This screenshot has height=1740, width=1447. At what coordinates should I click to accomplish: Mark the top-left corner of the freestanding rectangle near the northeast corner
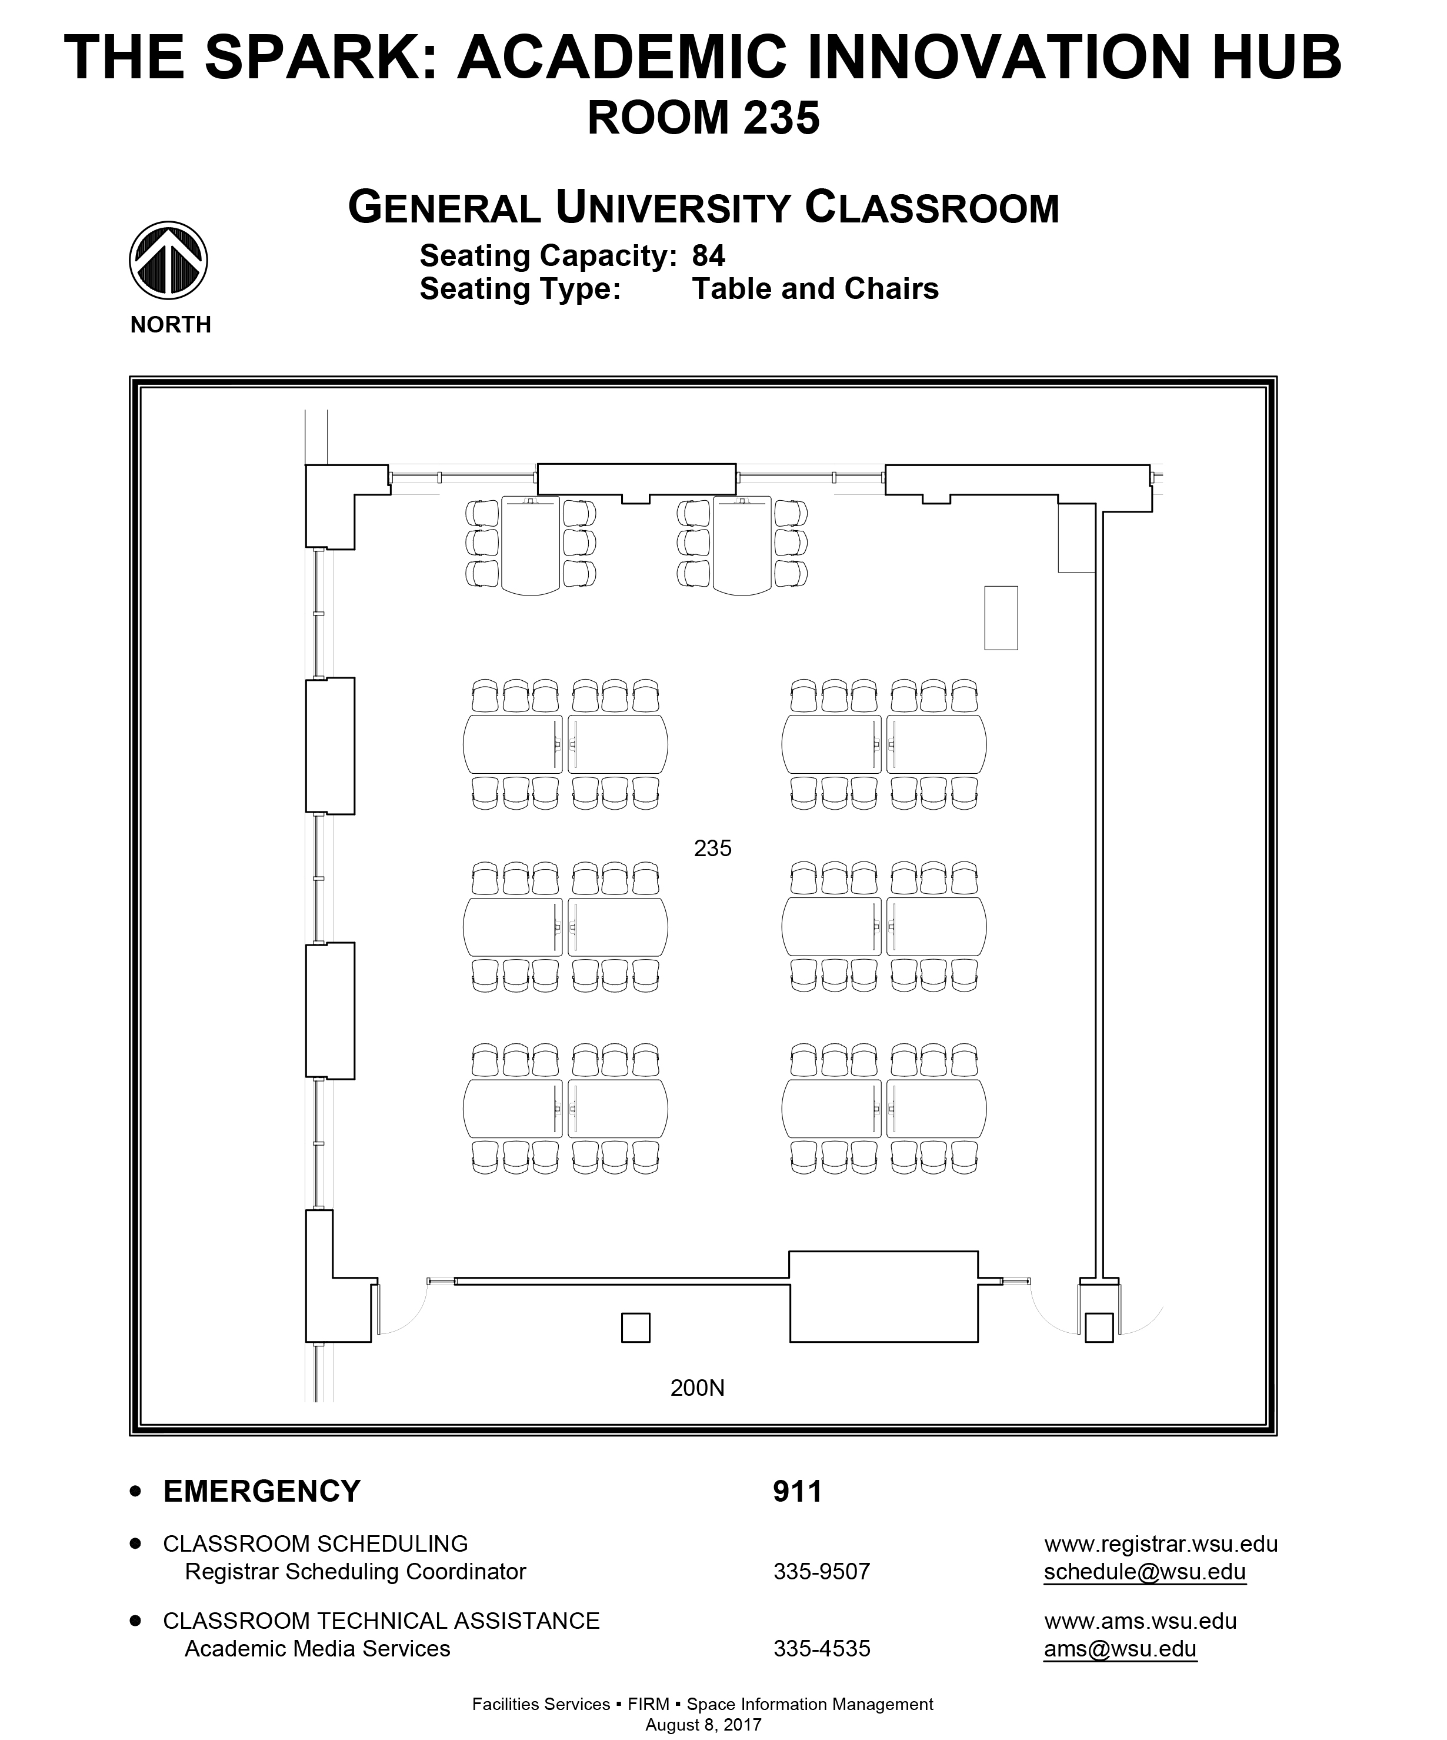tap(984, 587)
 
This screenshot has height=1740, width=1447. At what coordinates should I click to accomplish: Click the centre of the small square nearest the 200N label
tap(635, 1328)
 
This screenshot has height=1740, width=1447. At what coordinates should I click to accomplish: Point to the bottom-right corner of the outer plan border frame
tap(1277, 1436)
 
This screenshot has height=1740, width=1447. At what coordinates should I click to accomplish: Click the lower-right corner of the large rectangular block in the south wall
tap(978, 1342)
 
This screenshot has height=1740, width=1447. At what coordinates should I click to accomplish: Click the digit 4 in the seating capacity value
tap(717, 256)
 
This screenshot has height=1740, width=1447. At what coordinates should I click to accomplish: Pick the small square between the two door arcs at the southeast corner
tap(1099, 1328)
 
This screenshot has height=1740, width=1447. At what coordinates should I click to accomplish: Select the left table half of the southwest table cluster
tap(513, 1109)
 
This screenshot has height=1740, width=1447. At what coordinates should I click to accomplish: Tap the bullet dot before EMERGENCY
tap(136, 1492)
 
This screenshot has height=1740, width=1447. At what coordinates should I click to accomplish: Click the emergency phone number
tap(798, 1492)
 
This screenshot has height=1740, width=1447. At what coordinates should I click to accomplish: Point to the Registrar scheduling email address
tap(1145, 1572)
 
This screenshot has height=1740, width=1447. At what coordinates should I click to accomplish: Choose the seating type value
tap(815, 289)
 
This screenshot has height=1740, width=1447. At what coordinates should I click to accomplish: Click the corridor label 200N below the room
tap(698, 1388)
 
